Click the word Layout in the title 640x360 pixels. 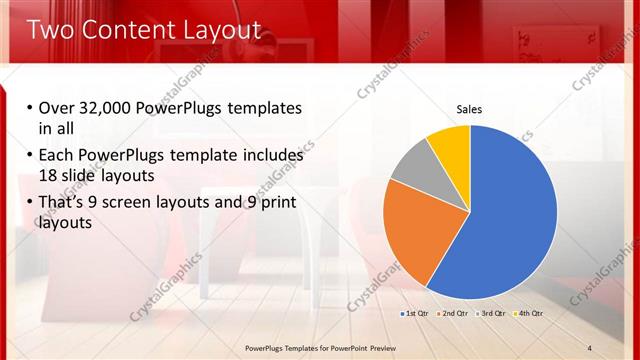[x=222, y=30]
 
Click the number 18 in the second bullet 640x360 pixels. [x=48, y=176]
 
